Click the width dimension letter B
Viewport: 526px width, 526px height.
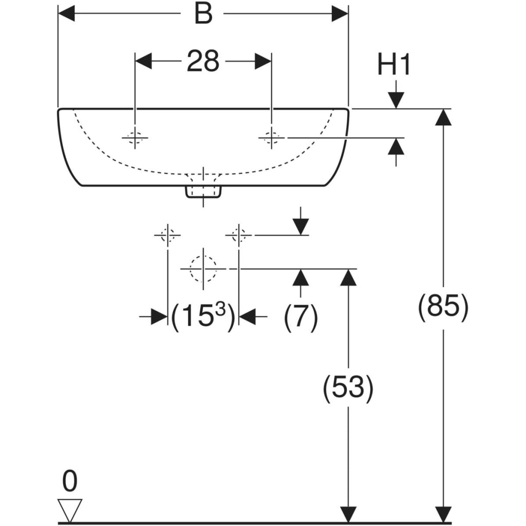click(x=203, y=14)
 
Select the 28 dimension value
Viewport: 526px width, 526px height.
click(x=203, y=61)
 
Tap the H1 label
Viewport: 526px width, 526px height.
click(x=393, y=65)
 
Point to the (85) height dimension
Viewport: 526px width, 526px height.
click(x=443, y=307)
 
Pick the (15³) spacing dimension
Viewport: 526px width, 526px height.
click(x=203, y=316)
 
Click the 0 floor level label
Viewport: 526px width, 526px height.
click(x=70, y=481)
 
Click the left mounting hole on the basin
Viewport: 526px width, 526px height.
click(x=135, y=138)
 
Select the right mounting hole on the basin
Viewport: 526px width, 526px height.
click(x=271, y=138)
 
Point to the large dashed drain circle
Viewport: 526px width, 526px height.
click(x=203, y=269)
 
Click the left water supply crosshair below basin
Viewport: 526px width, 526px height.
click(x=167, y=235)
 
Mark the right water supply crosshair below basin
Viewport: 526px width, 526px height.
click(x=238, y=235)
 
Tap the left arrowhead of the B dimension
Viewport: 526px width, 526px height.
click(x=66, y=14)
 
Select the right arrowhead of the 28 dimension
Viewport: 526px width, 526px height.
click(x=263, y=62)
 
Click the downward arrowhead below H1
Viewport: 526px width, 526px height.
click(x=396, y=100)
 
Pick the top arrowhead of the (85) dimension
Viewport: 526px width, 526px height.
click(x=443, y=117)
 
